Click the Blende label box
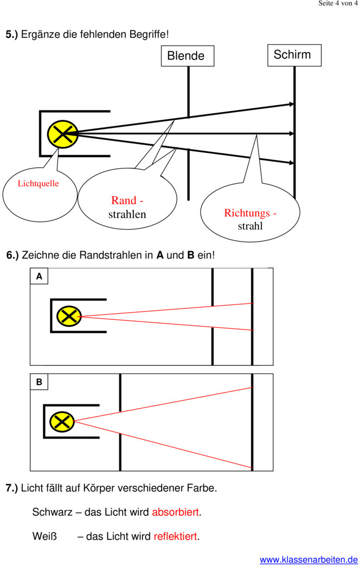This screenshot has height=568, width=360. tap(187, 56)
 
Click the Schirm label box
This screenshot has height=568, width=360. tap(294, 55)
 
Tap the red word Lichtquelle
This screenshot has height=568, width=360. tap(38, 183)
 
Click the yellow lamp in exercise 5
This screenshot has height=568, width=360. tap(63, 133)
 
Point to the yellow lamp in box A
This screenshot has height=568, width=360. tap(69, 316)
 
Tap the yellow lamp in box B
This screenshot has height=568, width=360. tap(62, 421)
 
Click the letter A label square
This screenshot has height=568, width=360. tap(39, 276)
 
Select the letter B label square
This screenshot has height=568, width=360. tap(39, 382)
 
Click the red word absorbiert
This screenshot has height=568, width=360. tap(176, 512)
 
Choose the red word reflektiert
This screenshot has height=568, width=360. tap(176, 537)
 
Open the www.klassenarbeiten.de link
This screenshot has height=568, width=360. tap(308, 560)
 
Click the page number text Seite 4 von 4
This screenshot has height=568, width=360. tap(338, 4)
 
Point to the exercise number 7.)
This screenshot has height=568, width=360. tap(12, 488)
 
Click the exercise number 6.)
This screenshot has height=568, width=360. tap(12, 255)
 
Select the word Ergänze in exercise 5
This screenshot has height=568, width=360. tap(40, 35)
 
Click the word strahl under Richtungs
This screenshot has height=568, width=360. tap(250, 226)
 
